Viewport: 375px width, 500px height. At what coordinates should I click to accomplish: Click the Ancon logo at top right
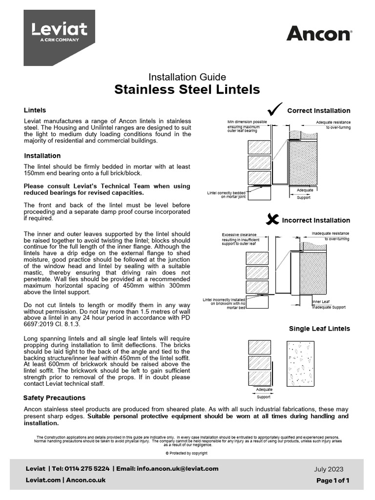click(x=318, y=34)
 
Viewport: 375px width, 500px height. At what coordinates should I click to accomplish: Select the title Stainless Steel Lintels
click(x=187, y=89)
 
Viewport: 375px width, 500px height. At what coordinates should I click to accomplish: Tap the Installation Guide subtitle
click(x=187, y=77)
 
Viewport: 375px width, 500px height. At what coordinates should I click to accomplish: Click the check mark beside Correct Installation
click(x=275, y=108)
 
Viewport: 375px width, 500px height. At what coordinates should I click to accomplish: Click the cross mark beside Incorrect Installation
click(x=272, y=219)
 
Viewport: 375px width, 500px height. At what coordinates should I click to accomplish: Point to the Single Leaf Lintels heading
click(x=319, y=329)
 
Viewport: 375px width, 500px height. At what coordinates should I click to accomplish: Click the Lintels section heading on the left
click(x=35, y=110)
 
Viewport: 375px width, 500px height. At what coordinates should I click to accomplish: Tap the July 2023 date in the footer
click(x=332, y=469)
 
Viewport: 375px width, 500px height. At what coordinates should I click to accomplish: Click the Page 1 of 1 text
click(x=333, y=480)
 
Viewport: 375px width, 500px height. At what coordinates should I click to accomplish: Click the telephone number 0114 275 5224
click(x=85, y=469)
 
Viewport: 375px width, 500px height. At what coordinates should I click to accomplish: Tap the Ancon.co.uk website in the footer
click(x=85, y=480)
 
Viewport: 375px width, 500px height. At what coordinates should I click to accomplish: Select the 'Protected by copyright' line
click(x=187, y=453)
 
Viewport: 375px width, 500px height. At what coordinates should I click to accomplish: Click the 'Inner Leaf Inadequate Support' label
click(x=329, y=305)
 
